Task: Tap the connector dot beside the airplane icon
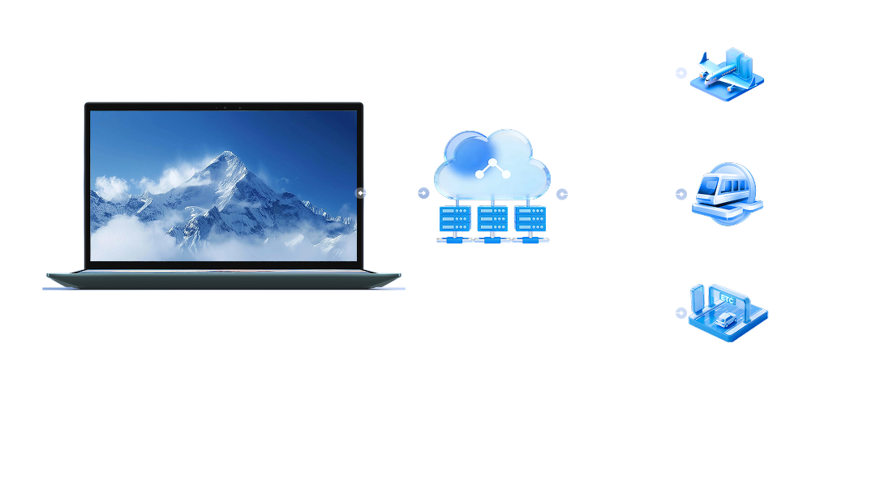coord(681,73)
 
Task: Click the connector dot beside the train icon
coord(681,194)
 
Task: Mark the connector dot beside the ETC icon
coord(681,312)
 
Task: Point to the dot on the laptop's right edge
coord(361,193)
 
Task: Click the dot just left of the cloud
coord(423,193)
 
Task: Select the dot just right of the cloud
coord(562,194)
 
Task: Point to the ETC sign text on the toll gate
coord(726,299)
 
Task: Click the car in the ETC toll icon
coord(724,320)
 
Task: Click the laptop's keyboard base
coord(223,280)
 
